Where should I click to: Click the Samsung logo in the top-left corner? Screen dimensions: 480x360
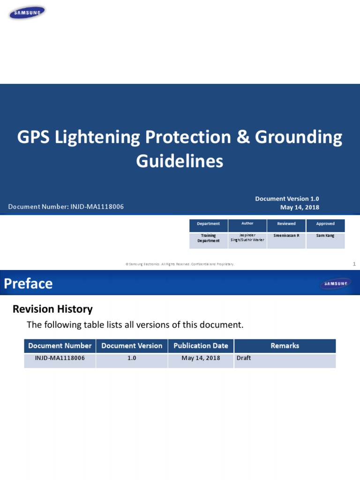[27, 13]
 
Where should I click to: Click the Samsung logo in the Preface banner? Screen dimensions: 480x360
[335, 284]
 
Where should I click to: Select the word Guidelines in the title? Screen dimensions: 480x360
[180, 161]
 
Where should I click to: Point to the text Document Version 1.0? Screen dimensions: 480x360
[287, 199]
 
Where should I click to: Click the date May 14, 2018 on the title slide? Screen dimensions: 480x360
[299, 207]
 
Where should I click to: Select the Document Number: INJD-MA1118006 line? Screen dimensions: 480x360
[66, 207]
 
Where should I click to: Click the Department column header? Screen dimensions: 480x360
[209, 224]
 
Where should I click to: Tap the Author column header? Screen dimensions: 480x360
[247, 224]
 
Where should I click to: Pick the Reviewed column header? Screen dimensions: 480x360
[286, 224]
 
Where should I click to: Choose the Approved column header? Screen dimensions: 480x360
[325, 224]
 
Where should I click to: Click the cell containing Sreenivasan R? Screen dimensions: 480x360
[286, 236]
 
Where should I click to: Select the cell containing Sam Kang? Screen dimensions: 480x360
[325, 236]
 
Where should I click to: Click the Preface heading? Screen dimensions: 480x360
[29, 284]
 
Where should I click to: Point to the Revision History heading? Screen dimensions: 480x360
[52, 309]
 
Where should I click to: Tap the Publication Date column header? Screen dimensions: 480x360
[201, 346]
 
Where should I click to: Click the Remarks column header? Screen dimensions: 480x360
[285, 346]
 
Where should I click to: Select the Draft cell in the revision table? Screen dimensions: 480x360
[244, 359]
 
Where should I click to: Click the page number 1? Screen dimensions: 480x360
[354, 264]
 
